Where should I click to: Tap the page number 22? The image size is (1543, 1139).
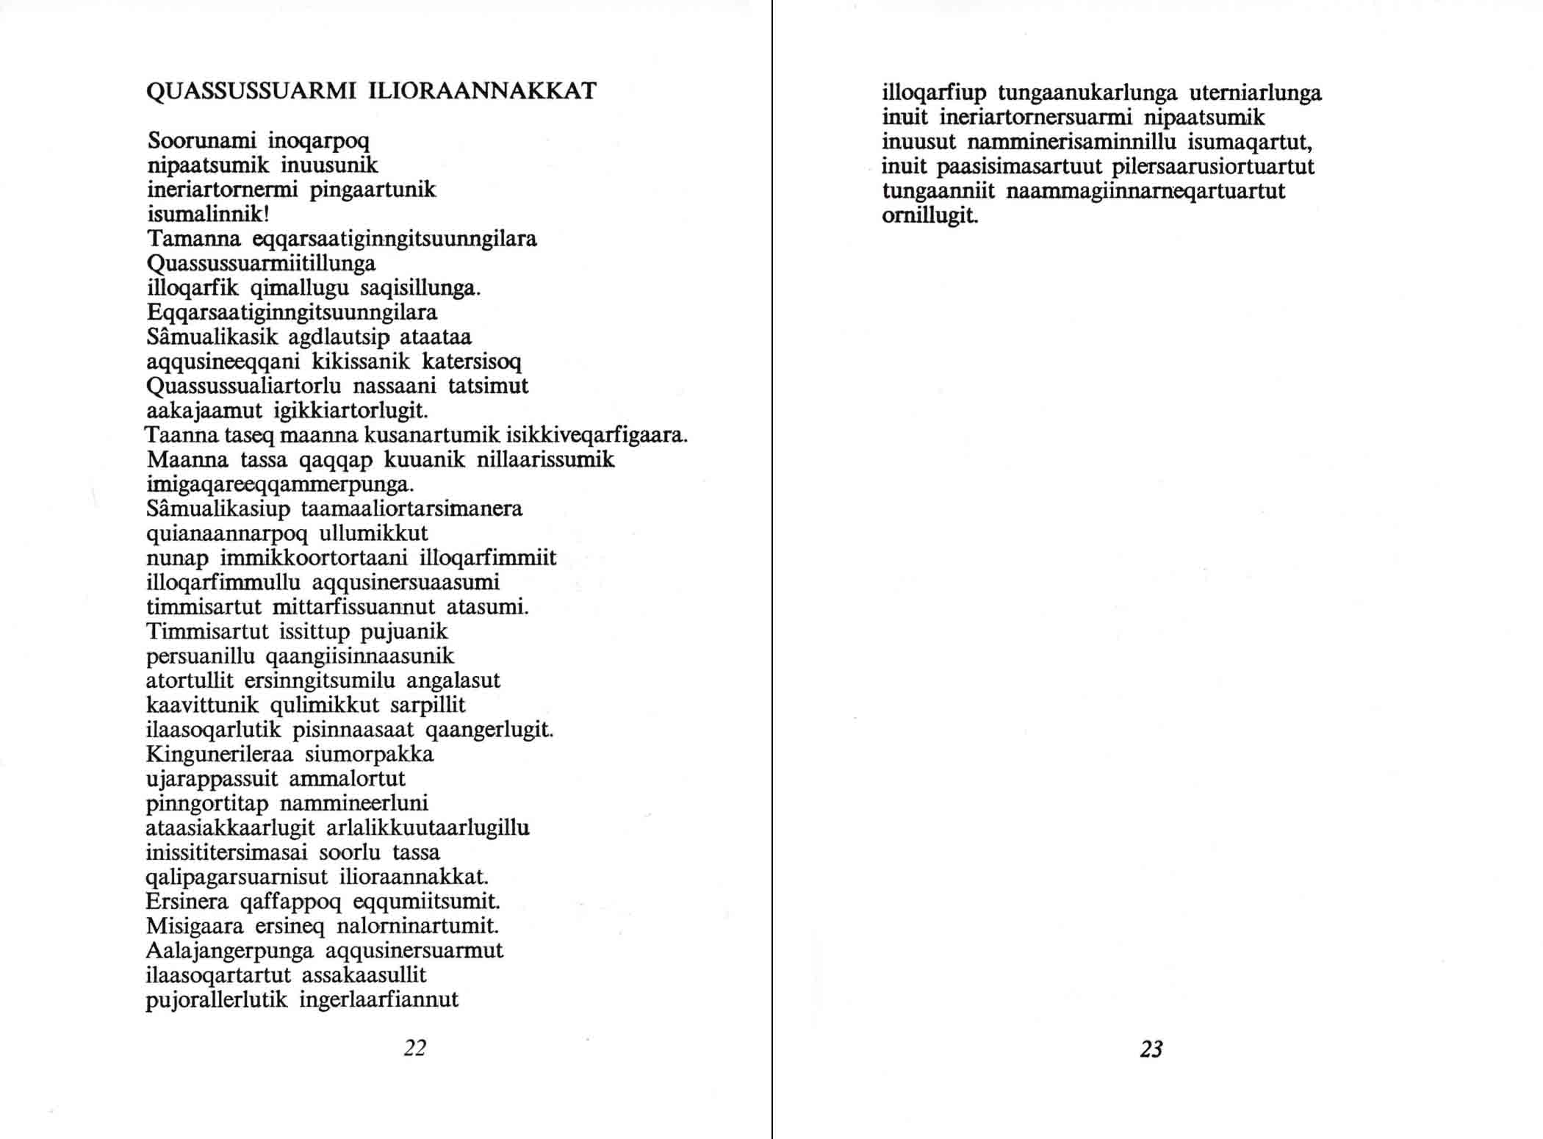[x=415, y=1048]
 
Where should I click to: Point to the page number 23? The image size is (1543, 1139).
[x=1151, y=1049]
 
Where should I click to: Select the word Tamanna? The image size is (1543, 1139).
[x=194, y=239]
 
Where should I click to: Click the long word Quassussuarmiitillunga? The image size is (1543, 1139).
[x=261, y=263]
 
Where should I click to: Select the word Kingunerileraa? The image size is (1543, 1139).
[x=220, y=754]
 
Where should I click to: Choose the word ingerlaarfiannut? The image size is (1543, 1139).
[x=379, y=999]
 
